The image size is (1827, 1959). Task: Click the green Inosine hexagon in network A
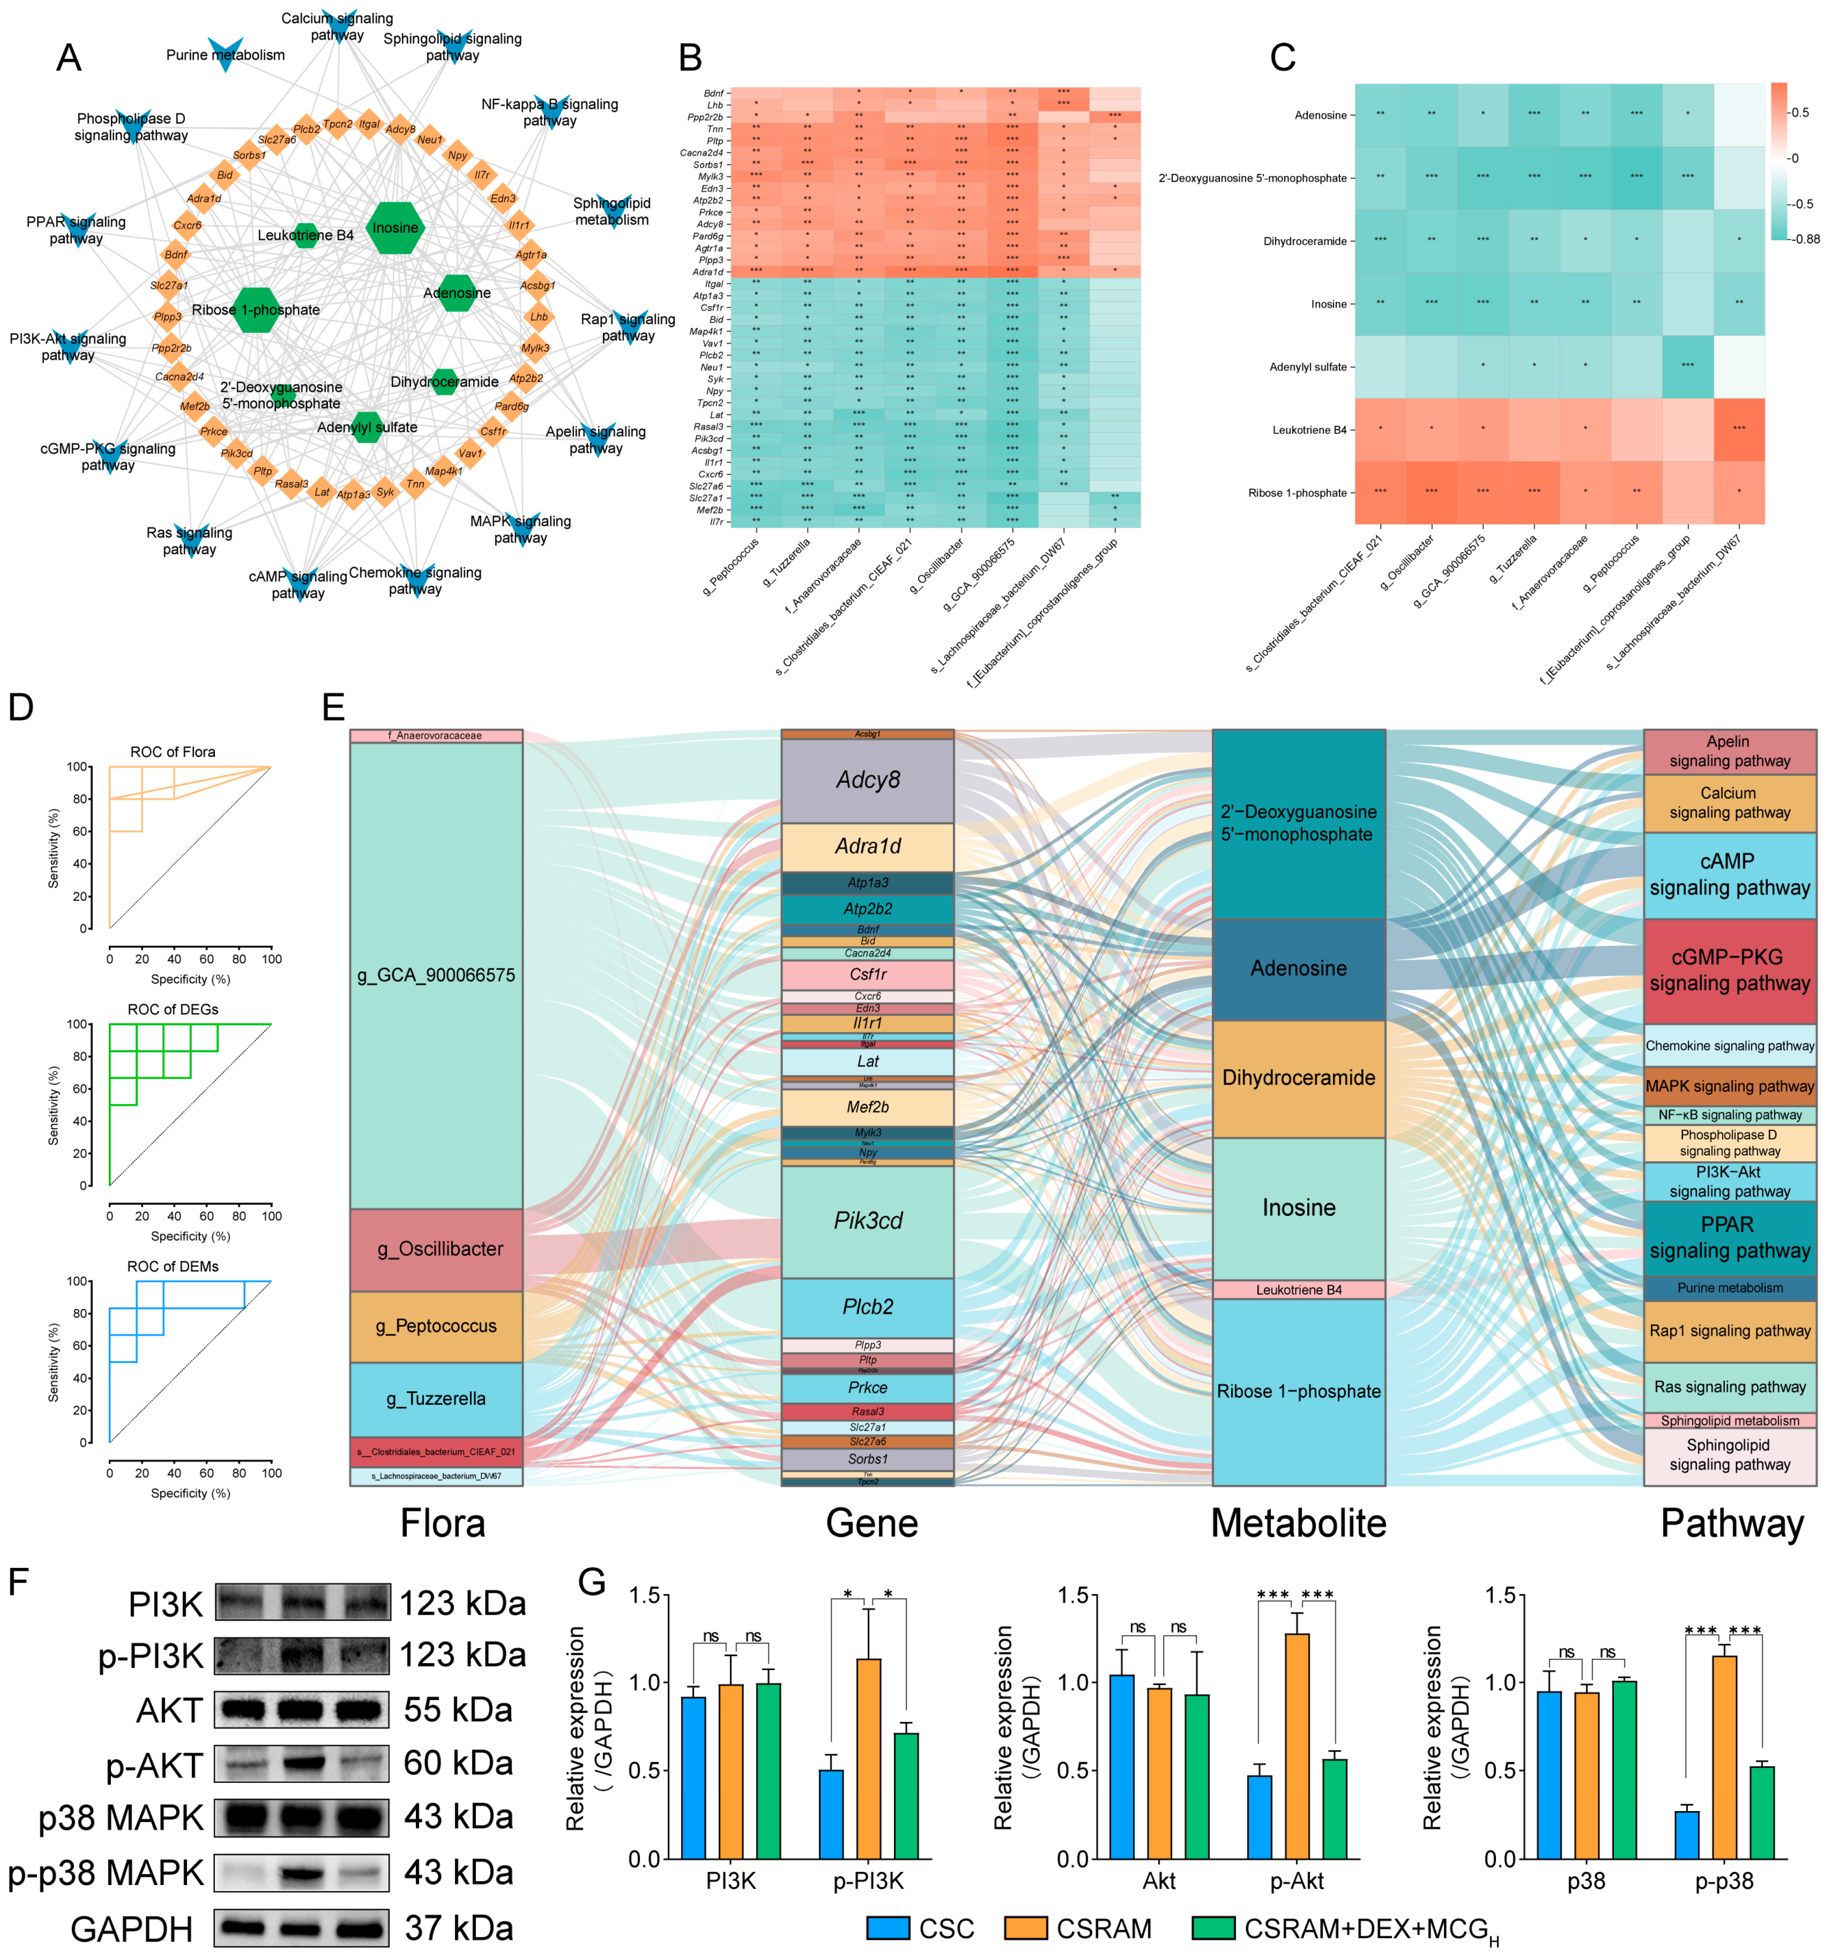[395, 228]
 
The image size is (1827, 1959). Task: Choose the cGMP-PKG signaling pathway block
[1730, 971]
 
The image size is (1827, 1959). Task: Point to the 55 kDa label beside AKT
[458, 1710]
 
